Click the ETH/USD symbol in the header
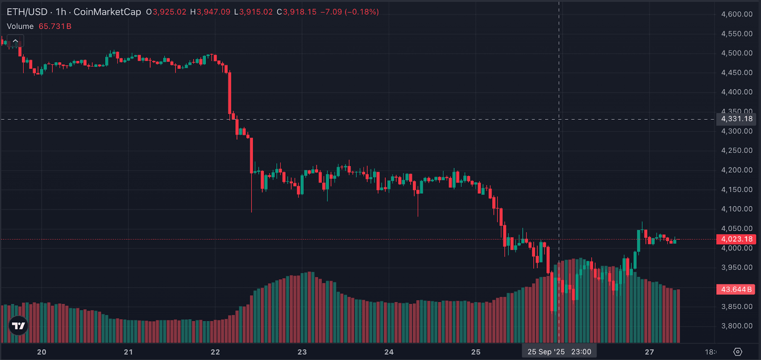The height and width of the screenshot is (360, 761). pos(27,12)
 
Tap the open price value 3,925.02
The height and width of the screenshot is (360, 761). pos(169,12)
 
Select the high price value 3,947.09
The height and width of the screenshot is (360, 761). pos(213,12)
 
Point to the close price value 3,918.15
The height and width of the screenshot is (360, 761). pos(300,12)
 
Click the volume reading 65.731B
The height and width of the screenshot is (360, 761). pos(55,26)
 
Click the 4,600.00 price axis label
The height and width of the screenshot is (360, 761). pos(737,14)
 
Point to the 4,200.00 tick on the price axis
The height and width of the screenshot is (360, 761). pos(737,170)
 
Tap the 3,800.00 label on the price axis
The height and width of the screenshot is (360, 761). pos(737,326)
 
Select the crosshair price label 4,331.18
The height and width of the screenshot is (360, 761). pos(737,119)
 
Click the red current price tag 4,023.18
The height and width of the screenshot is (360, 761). pos(736,239)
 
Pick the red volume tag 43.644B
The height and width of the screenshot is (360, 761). pos(736,289)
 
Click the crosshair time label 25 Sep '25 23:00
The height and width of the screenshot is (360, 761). pos(559,352)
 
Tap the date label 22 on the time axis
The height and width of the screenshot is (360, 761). pos(215,352)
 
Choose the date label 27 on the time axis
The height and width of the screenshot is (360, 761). pos(649,352)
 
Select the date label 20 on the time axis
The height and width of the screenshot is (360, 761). pos(42,352)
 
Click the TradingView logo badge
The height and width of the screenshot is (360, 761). pos(19,326)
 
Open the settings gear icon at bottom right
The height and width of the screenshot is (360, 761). pos(738,352)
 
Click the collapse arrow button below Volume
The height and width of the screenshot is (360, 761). pos(15,41)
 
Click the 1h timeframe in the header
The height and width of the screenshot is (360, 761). pos(61,12)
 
